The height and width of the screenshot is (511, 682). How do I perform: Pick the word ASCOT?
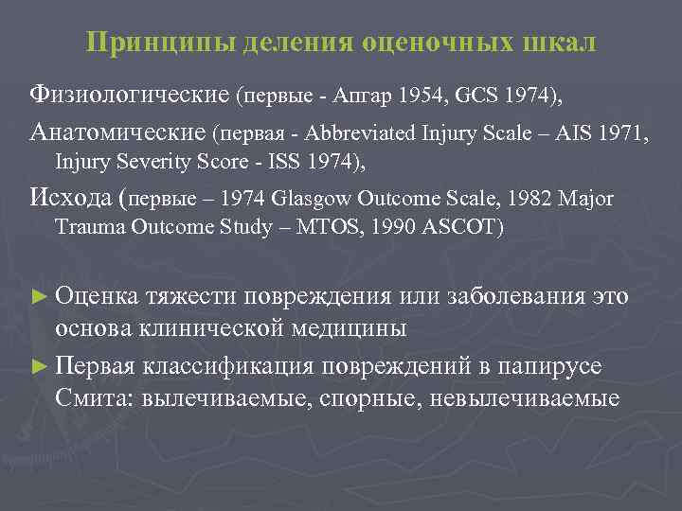click(x=463, y=228)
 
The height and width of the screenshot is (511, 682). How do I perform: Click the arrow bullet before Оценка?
click(x=40, y=296)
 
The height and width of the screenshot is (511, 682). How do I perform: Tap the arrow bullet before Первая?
click(x=40, y=366)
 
